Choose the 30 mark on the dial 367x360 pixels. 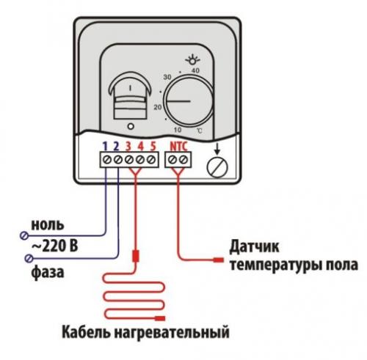(x=167, y=78)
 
